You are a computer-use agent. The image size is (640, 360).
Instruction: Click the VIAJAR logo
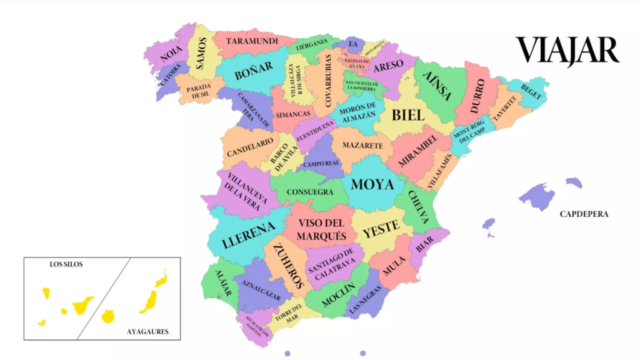pos(567,51)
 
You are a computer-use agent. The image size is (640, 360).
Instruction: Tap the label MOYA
pos(372,184)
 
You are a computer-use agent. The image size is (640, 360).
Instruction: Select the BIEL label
pos(407,115)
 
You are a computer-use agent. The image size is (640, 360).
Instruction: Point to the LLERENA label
pos(248,234)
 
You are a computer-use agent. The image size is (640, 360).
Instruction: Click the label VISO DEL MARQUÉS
pos(322,229)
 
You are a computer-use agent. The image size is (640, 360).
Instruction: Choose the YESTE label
pos(381,227)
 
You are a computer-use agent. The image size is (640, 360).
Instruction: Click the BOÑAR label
pos(254,70)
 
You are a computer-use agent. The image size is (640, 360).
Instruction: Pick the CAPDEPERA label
pos(584,214)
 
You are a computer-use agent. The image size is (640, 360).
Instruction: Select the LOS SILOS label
pos(66,264)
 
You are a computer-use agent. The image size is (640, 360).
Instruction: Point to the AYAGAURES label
pos(147,332)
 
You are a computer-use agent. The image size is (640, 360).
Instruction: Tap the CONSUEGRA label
pos(310,192)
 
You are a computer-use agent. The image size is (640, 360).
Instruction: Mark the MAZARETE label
pos(361,146)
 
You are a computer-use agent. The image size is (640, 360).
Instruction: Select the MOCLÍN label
pos(338,296)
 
